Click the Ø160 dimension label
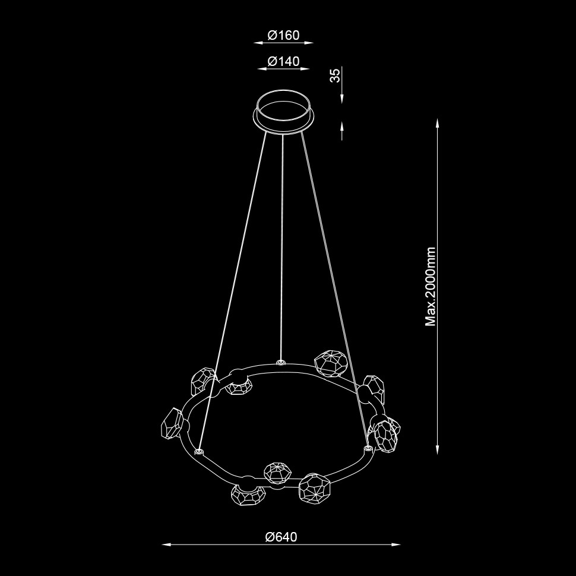tap(284, 35)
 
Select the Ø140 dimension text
tap(284, 61)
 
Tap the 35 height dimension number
tap(335, 75)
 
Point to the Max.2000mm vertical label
tap(430, 287)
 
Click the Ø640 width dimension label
tap(281, 537)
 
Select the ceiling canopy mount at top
tap(284, 111)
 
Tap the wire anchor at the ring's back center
tap(281, 363)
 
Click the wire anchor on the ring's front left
tap(199, 450)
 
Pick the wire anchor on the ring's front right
tap(368, 448)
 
